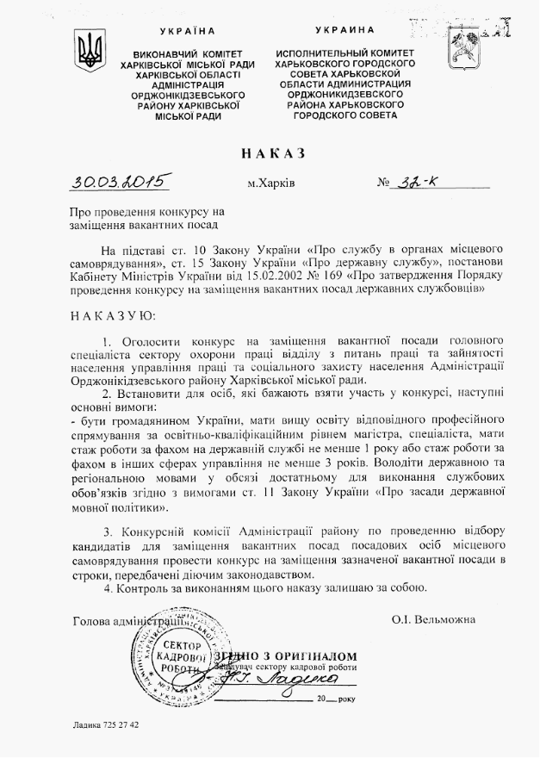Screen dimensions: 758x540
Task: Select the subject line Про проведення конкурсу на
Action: coord(146,212)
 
